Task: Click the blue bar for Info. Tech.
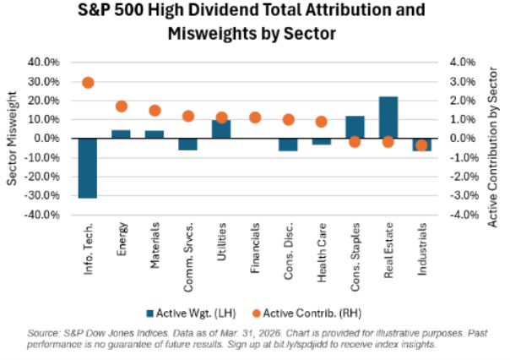point(88,167)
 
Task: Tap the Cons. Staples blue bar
point(355,127)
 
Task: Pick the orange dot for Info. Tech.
point(88,82)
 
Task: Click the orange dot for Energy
point(121,106)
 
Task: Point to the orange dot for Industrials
point(421,145)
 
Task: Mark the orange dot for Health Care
point(322,122)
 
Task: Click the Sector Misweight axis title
point(11,138)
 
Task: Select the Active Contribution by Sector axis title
point(494,138)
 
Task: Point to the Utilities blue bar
point(221,128)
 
